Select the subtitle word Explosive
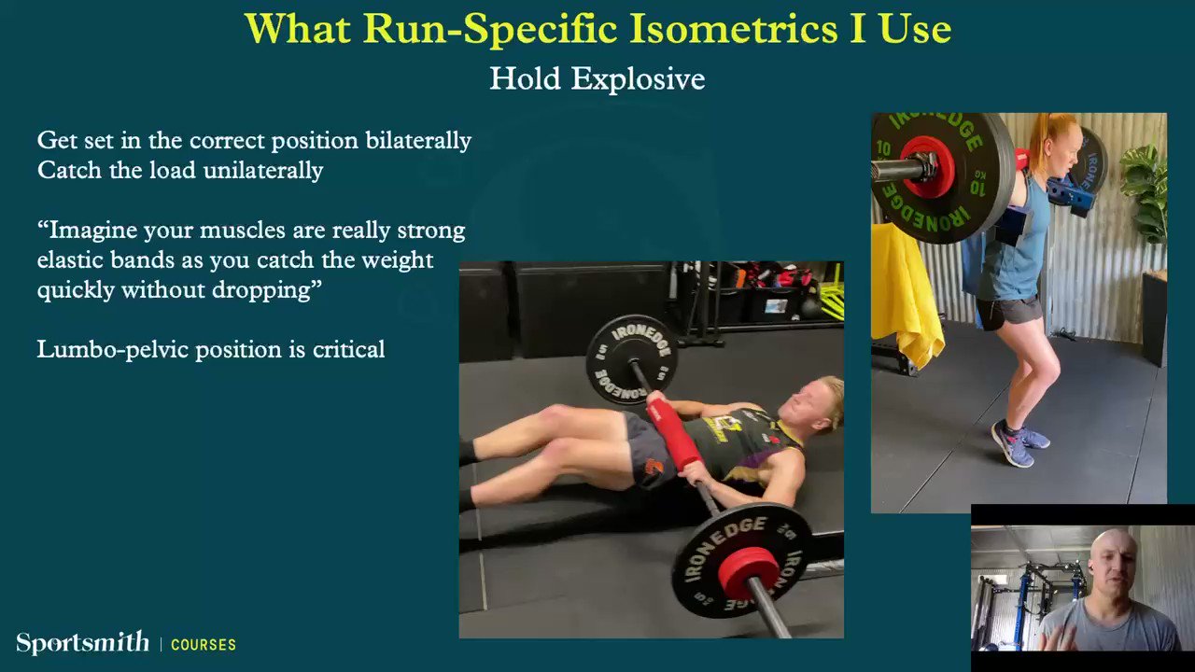(638, 79)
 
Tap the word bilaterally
(418, 140)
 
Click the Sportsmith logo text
(83, 642)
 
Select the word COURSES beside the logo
(204, 645)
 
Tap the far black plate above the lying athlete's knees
(632, 359)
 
